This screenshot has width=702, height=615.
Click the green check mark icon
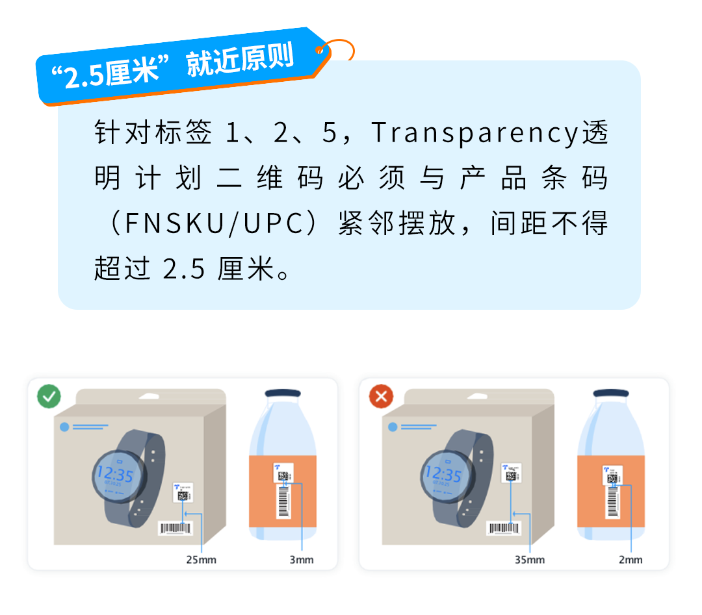pos(49,396)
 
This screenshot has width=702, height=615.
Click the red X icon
pos(381,396)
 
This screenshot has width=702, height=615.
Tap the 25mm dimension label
pos(201,559)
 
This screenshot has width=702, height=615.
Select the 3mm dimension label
pos(301,559)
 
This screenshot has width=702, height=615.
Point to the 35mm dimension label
pos(529,559)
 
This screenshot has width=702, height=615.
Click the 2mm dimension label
pos(630,559)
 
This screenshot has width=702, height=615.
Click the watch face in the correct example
pos(114,476)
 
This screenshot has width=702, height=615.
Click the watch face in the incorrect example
pos(443,476)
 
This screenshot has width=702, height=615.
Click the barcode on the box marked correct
pos(175,529)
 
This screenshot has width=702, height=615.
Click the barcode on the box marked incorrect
pos(504,529)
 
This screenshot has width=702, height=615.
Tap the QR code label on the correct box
pos(183,493)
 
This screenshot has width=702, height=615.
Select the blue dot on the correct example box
pos(64,427)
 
